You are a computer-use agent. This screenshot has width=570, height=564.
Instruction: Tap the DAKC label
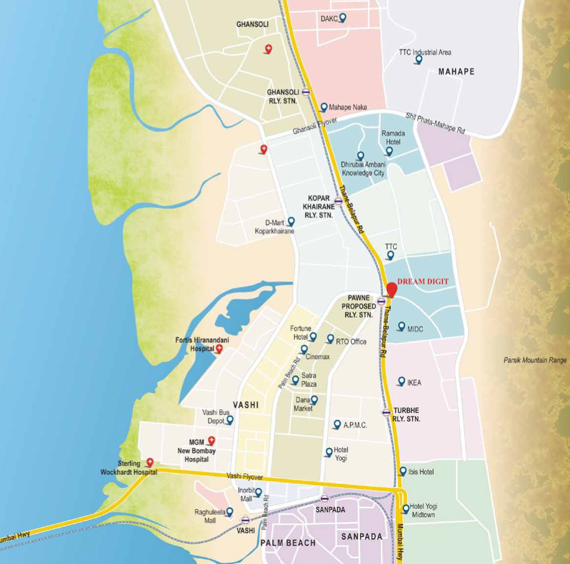tap(328, 19)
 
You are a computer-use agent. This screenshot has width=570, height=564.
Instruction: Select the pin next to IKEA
tap(402, 381)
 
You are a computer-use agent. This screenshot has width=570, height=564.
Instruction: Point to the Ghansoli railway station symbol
tap(306, 92)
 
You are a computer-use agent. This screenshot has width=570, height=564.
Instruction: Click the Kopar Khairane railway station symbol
tap(338, 201)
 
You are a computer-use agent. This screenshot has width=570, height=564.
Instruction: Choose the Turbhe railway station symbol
tap(386, 412)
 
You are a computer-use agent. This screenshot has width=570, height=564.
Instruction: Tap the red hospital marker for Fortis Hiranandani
tap(219, 349)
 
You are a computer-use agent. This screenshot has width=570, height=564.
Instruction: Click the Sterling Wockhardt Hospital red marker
tap(150, 462)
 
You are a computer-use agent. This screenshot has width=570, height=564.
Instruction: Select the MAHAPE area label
tap(456, 72)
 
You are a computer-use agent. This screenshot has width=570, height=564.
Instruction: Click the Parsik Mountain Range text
tap(535, 360)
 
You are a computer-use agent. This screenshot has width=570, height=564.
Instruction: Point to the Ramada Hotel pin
tap(389, 151)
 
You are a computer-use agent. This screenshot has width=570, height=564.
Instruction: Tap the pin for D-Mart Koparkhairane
tap(291, 221)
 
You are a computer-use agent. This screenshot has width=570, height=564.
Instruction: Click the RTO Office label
tap(351, 341)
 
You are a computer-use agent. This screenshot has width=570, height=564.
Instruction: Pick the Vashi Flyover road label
tap(245, 476)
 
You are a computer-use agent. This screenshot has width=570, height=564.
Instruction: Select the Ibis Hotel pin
tap(403, 471)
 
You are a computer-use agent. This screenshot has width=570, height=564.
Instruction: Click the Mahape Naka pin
tap(324, 107)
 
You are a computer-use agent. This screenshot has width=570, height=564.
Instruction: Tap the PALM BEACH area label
tap(288, 543)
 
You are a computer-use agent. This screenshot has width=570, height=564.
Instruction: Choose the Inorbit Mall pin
tap(258, 492)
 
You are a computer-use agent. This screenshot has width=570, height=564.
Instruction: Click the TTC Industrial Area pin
tap(418, 59)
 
